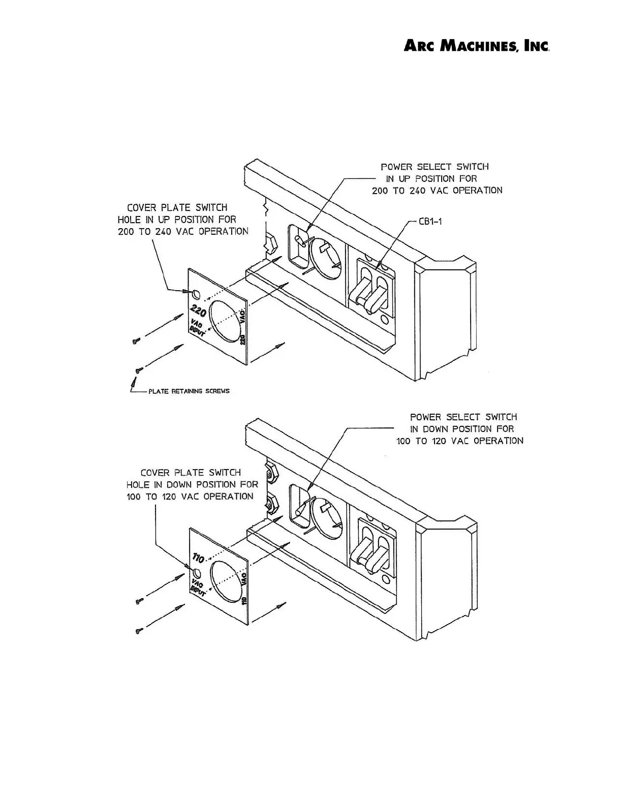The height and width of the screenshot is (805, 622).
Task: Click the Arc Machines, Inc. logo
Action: click(x=476, y=46)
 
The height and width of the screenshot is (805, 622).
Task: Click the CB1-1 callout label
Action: click(x=430, y=222)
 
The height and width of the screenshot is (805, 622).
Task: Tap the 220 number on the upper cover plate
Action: click(x=198, y=309)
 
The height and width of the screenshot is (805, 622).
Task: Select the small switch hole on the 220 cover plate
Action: click(x=196, y=293)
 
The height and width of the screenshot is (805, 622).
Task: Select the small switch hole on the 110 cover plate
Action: click(x=196, y=574)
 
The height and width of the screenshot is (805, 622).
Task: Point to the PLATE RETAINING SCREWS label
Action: click(x=189, y=391)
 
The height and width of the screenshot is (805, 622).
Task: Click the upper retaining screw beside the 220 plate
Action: click(x=136, y=341)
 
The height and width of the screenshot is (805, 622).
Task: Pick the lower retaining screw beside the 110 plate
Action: click(x=138, y=631)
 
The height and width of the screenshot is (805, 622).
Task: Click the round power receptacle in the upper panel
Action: click(x=325, y=256)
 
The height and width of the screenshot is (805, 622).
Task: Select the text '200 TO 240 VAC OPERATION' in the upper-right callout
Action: click(x=437, y=191)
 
